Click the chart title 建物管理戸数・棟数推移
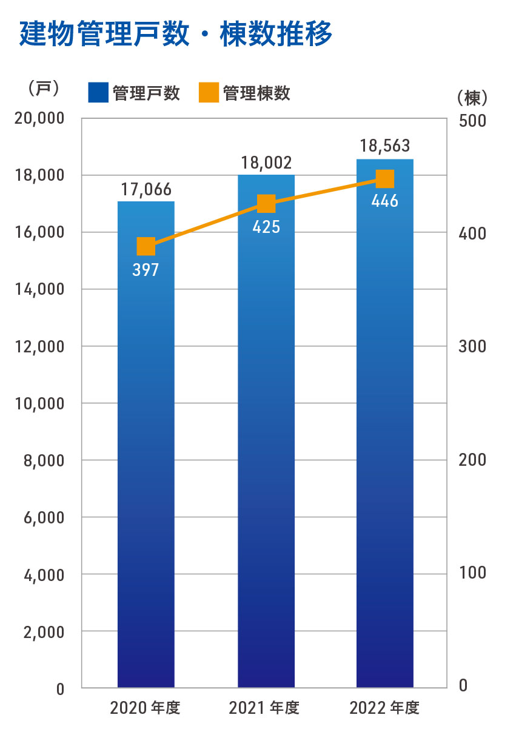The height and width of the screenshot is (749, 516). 176,35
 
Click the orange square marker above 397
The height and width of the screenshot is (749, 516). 146,247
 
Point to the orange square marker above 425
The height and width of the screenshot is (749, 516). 266,204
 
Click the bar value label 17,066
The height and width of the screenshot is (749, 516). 146,189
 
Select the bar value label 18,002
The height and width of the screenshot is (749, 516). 266,163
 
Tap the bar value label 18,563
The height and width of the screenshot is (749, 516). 385,146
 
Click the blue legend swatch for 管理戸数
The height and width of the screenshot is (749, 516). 98,93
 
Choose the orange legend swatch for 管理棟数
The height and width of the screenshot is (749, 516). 208,93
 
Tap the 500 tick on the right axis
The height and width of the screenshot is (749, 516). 473,121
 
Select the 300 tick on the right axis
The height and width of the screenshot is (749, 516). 473,347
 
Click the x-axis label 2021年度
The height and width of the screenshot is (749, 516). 264,708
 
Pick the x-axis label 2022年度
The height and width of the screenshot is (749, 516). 384,708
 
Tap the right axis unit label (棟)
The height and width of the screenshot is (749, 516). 472,96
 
